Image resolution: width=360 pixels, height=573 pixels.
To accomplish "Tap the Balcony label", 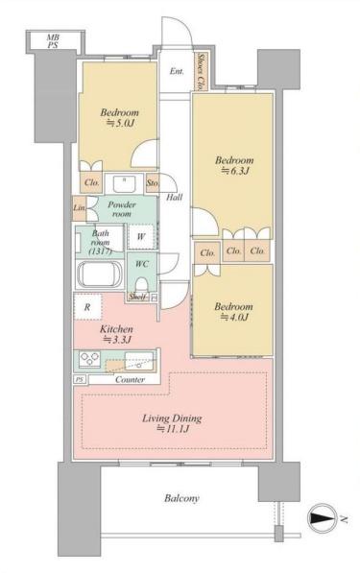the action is pyautogui.click(x=181, y=498).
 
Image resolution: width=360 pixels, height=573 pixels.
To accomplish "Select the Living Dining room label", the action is pyautogui.click(x=172, y=423).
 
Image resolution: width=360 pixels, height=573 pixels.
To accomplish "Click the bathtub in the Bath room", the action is pyautogui.click(x=99, y=275).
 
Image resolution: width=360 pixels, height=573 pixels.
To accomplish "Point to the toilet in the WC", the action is pyautogui.click(x=141, y=284).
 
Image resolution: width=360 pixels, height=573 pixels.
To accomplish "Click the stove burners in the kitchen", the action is pyautogui.click(x=90, y=359).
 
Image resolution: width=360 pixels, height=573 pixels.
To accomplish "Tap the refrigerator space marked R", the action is pyautogui.click(x=87, y=307).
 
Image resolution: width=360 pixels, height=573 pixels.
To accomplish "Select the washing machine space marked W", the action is pyautogui.click(x=141, y=237).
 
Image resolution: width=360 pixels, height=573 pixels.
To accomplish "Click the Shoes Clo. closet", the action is pyautogui.click(x=201, y=72).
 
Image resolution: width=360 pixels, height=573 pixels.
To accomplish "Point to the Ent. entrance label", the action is pyautogui.click(x=177, y=72).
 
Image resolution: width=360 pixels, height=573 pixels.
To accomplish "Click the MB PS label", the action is pyautogui.click(x=54, y=41).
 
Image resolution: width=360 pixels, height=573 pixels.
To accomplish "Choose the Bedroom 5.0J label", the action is pyautogui.click(x=119, y=118).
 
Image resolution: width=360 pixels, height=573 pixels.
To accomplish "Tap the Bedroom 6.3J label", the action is pyautogui.click(x=234, y=165).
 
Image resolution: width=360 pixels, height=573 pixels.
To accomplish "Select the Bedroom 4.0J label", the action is pyautogui.click(x=233, y=312).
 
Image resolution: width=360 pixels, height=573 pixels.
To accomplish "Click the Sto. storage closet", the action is pyautogui.click(x=152, y=182).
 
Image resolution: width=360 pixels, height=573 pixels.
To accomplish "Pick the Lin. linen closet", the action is pyautogui.click(x=80, y=208).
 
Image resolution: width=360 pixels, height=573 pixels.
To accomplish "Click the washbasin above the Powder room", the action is pyautogui.click(x=124, y=184).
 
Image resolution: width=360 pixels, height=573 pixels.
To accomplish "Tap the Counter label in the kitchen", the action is pyautogui.click(x=130, y=380).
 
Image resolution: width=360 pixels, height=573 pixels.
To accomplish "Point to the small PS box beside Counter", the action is pyautogui.click(x=80, y=380).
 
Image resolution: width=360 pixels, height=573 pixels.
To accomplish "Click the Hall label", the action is pyautogui.click(x=175, y=198).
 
